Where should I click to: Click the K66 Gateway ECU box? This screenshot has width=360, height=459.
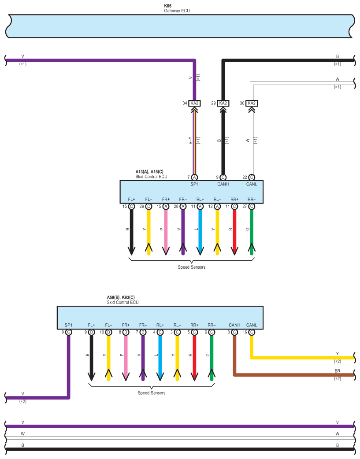point(180,26)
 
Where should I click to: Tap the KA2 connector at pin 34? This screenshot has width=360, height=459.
point(195,103)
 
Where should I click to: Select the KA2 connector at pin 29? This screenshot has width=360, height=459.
point(223,103)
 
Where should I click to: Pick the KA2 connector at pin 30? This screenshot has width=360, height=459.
point(251,103)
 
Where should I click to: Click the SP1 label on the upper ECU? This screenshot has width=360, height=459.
point(194,184)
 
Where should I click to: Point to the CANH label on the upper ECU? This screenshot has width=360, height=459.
point(223,184)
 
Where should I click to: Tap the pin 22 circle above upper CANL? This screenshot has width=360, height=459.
point(251,177)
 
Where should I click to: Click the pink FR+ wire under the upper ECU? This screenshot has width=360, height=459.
point(166,231)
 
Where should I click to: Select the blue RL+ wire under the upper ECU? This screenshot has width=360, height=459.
point(200,231)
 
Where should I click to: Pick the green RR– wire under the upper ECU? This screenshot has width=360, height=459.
point(252,231)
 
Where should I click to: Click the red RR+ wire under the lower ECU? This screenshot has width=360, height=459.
point(194,357)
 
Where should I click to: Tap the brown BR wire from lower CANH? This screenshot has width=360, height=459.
point(291,375)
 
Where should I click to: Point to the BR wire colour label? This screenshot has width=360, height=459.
point(338,371)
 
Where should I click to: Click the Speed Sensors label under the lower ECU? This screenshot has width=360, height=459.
point(152,393)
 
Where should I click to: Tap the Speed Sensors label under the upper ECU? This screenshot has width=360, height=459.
point(192,267)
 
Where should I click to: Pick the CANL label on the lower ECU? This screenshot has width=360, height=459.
point(252,325)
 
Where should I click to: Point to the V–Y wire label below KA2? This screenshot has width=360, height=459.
point(190,140)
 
